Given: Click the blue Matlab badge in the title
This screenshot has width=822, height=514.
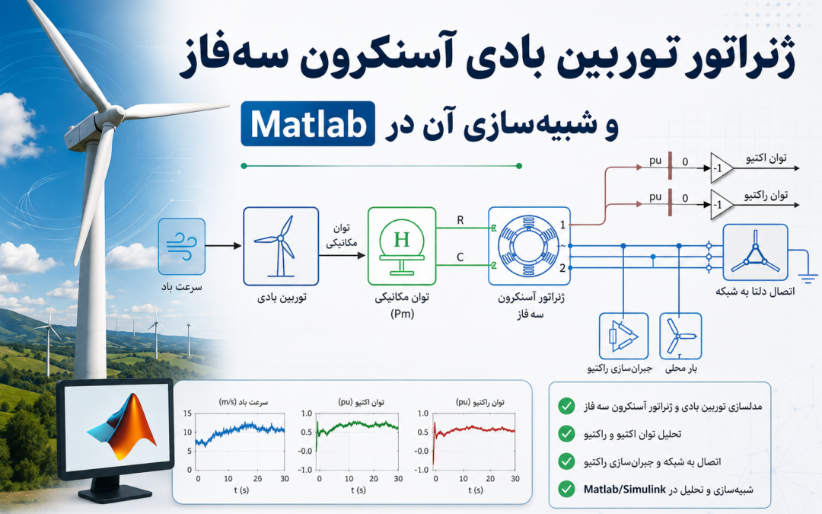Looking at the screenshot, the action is pos(307,124).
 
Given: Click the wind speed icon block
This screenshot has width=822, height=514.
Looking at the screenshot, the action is pos(181,247).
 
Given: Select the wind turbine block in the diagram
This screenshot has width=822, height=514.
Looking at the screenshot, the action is pos(281,247).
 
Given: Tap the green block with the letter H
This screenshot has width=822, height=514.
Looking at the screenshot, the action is pos(402,247).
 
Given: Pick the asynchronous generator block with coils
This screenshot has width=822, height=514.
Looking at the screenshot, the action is pos(529,246).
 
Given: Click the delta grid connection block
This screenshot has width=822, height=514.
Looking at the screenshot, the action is pos(756,252).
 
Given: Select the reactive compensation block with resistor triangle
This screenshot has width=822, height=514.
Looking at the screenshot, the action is pos(624,337).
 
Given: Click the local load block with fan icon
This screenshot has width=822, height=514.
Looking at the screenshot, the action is pos(680,337).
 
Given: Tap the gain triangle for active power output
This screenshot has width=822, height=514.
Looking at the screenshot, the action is pos(721,168).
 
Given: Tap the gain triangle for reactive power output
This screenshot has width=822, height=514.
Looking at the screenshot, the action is pos(721,205).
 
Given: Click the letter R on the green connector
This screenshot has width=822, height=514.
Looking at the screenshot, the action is pos(460,220).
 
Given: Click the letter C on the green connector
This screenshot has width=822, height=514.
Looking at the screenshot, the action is pos(460,257).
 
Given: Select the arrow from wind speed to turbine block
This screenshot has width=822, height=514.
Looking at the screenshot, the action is pos(223,245).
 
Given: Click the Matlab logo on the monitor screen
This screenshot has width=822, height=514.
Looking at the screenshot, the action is pos(123,426).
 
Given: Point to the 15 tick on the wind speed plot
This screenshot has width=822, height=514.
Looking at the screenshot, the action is pos(188,413).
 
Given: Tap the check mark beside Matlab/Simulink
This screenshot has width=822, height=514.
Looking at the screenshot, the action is pos(566,489).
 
